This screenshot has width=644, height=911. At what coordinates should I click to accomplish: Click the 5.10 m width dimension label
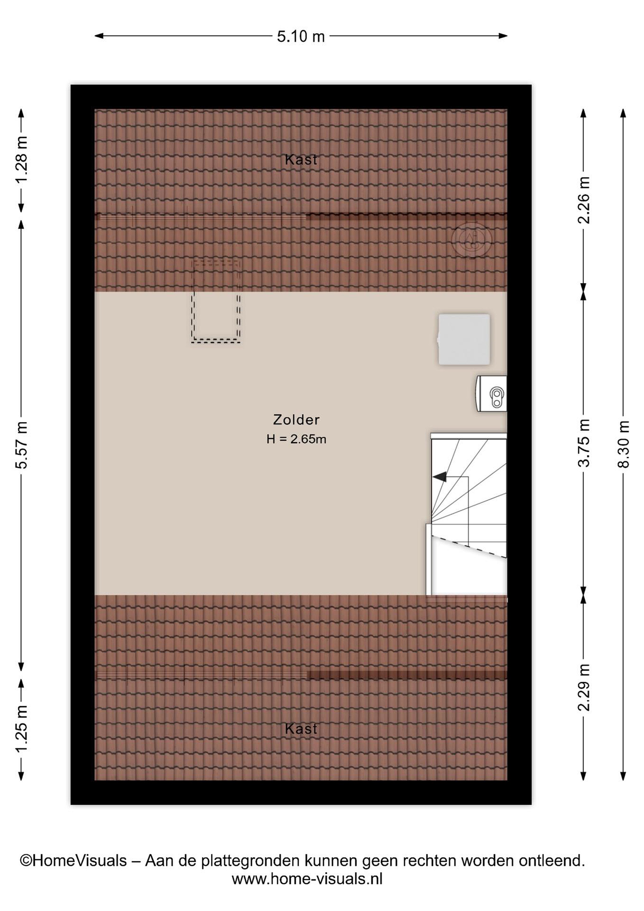[x=301, y=36]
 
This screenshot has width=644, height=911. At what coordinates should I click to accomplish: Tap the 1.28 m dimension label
[x=21, y=159]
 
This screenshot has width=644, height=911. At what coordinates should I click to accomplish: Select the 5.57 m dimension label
[x=21, y=445]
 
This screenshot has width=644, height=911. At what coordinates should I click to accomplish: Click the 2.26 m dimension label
[x=583, y=200]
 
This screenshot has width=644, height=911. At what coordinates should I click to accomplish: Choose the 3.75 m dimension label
[x=583, y=443]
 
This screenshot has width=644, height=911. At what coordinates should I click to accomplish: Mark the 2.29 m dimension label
[x=583, y=687]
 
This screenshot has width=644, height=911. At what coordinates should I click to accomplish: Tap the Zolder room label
[x=296, y=419]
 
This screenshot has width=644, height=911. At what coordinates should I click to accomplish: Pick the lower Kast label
[x=301, y=728]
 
